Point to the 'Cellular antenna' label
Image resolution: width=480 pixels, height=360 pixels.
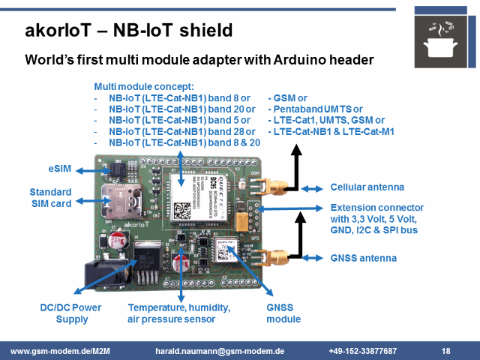[367, 187]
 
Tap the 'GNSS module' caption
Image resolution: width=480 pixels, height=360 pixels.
[284, 313]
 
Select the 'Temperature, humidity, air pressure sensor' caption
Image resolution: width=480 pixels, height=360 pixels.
[178, 313]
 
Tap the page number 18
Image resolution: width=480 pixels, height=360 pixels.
[445, 351]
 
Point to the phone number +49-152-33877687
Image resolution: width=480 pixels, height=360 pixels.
[362, 351]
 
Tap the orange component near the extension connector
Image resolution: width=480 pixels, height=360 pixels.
[241, 220]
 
